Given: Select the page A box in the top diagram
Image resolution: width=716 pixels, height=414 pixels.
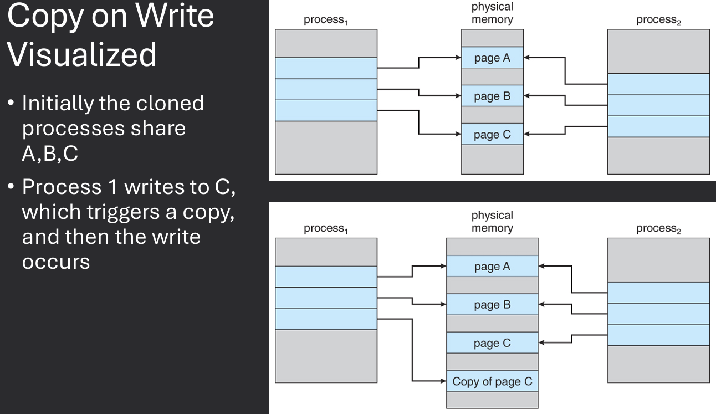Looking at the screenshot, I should tap(492, 58).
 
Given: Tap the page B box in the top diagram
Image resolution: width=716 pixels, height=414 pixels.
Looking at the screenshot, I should tap(492, 96).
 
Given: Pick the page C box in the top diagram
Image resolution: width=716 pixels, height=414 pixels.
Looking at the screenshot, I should tap(492, 134).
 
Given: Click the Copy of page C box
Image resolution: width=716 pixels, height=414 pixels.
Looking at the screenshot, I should tap(492, 381).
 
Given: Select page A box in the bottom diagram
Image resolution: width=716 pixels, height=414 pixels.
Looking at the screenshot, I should tap(492, 267).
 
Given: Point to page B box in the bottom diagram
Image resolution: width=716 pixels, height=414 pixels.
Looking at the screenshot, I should tap(492, 305).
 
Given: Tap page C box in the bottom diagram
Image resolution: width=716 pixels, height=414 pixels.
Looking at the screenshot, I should tap(492, 343).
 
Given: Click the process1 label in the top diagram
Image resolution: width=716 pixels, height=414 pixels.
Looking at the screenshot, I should tap(325, 21).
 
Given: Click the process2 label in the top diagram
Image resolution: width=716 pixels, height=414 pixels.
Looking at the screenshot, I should tap(657, 21).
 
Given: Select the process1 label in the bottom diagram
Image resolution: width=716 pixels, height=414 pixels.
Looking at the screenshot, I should tap(325, 229).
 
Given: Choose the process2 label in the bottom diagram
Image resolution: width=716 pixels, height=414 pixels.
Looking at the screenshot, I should tap(657, 229).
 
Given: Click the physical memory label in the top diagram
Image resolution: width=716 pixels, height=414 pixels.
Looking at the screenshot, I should tap(492, 13).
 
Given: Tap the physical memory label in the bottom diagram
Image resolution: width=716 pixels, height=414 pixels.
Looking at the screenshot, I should tap(492, 222).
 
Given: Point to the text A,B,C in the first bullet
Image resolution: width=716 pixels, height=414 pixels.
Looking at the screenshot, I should tap(50, 154).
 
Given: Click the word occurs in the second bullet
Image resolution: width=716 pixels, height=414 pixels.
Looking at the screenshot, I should tap(55, 262).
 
